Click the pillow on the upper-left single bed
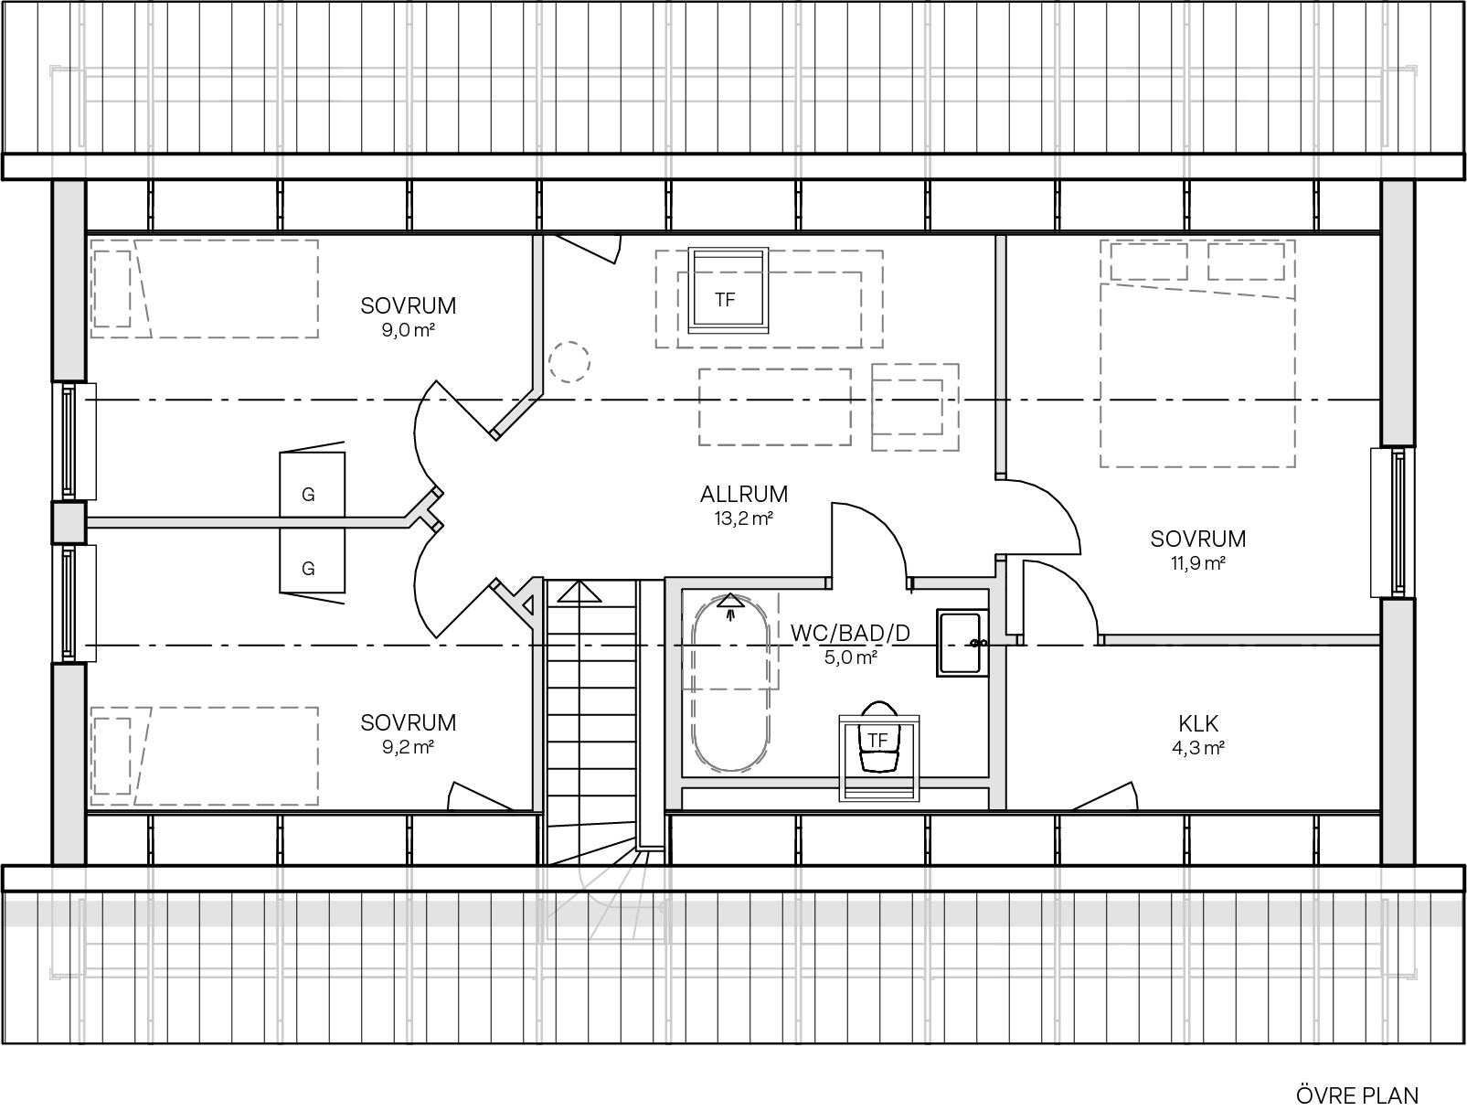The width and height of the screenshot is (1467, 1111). click(112, 288)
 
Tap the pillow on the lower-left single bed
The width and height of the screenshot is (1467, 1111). click(112, 755)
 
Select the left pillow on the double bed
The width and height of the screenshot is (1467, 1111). click(1148, 261)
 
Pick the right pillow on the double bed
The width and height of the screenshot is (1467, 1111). click(1246, 261)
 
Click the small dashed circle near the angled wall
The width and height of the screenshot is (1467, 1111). click(569, 362)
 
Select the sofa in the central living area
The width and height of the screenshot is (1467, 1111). click(769, 299)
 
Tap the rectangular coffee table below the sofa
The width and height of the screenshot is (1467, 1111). click(774, 407)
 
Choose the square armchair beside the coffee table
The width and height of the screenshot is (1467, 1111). click(914, 407)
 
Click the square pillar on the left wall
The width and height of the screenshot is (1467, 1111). click(69, 523)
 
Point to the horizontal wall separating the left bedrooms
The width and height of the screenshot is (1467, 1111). click(247, 523)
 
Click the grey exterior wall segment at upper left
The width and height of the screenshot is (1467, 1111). click(69, 280)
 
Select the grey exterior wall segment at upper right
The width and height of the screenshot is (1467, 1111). click(1397, 313)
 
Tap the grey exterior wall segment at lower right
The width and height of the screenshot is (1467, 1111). click(1397, 732)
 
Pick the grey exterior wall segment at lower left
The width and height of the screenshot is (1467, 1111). click(69, 764)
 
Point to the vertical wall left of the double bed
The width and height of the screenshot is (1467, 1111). click(1001, 357)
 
